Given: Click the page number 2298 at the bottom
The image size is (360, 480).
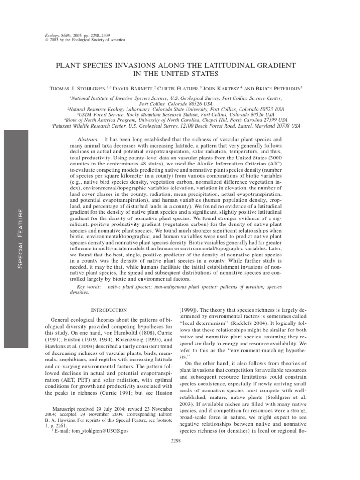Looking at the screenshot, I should (x=180, y=441).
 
